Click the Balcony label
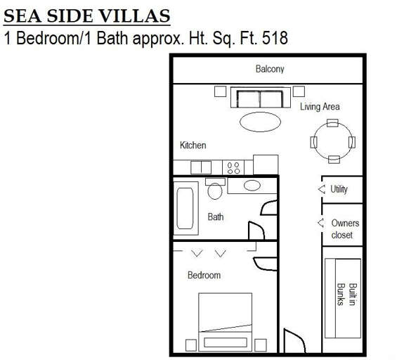pyautogui.click(x=270, y=69)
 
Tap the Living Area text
pyautogui.click(x=320, y=107)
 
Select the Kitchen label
pyautogui.click(x=193, y=146)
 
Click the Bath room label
pyautogui.click(x=216, y=217)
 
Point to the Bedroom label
pyautogui.click(x=204, y=275)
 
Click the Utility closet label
pyautogui.click(x=339, y=189)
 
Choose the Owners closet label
pyautogui.click(x=345, y=229)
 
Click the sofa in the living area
pyautogui.click(x=259, y=98)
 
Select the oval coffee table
pyautogui.click(x=260, y=122)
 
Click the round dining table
pyautogui.click(x=333, y=141)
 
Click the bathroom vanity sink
pyautogui.click(x=252, y=186)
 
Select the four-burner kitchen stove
pyautogui.click(x=233, y=167)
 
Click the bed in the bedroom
pyautogui.click(x=225, y=322)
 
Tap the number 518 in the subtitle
pyautogui.click(x=275, y=37)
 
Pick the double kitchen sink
pyautogui.click(x=201, y=167)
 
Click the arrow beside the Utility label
pyautogui.click(x=322, y=189)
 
